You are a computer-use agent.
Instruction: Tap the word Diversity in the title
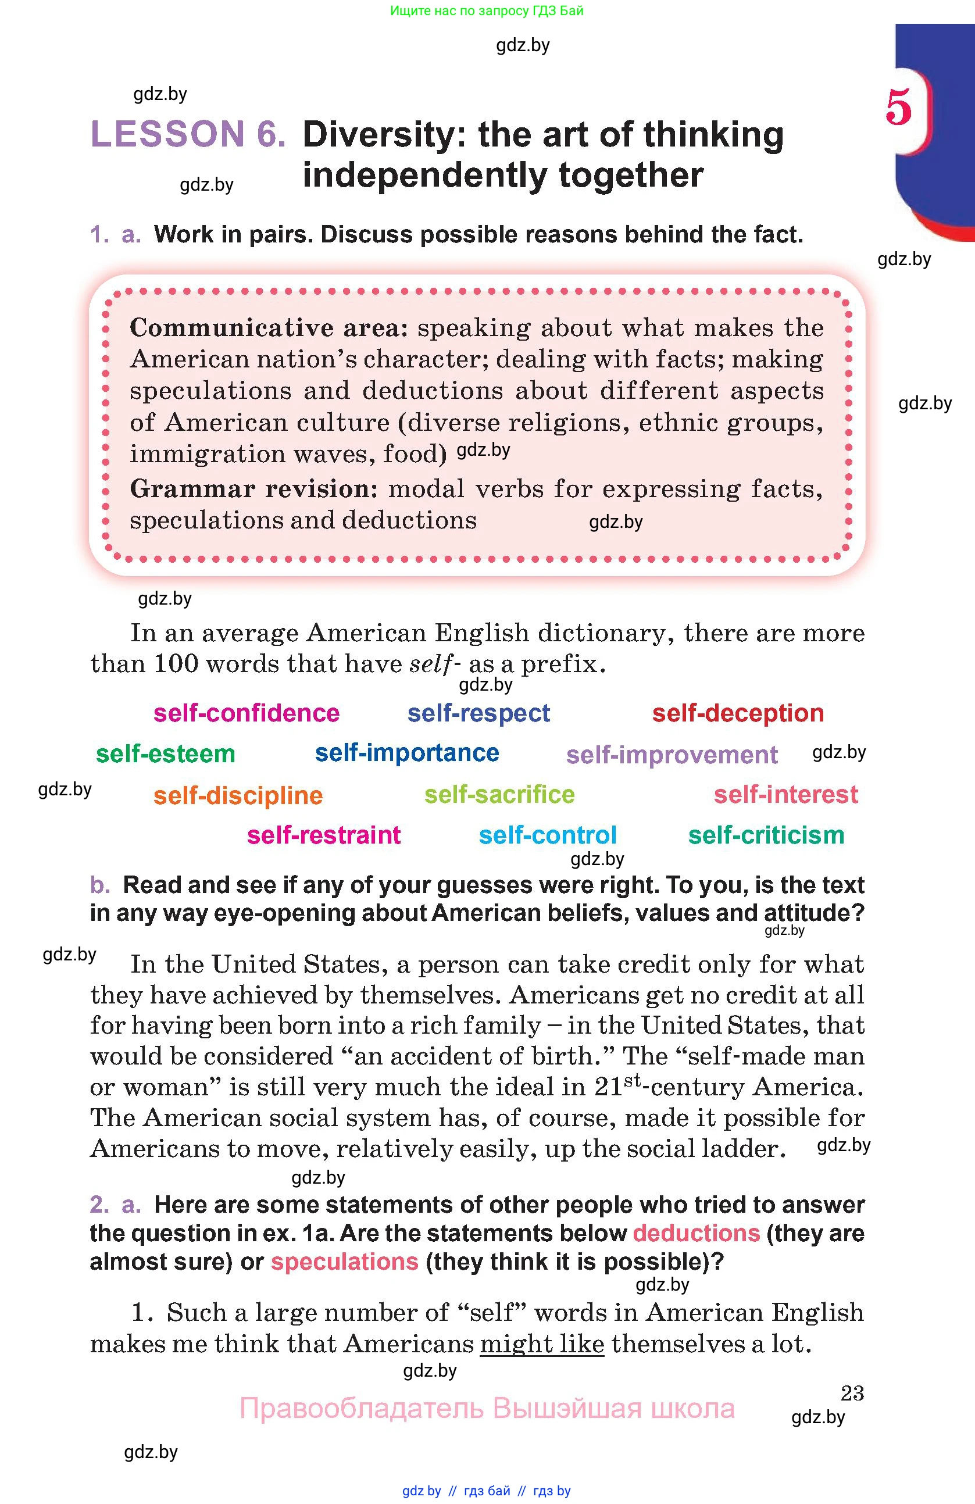[377, 135]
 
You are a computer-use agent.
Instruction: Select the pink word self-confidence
[247, 713]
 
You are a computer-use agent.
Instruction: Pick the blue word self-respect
[478, 713]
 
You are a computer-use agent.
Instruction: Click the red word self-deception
[737, 713]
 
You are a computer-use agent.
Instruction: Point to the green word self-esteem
[166, 754]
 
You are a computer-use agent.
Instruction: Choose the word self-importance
[407, 753]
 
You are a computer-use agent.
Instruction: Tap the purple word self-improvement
[672, 755]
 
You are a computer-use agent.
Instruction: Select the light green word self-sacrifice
[499, 794]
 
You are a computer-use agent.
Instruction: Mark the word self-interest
[785, 794]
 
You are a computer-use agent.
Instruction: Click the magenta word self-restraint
[323, 835]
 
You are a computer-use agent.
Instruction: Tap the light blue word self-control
[547, 835]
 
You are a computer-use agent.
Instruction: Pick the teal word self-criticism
[766, 835]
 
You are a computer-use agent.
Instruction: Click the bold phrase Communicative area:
[269, 327]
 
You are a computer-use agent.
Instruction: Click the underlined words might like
[541, 1344]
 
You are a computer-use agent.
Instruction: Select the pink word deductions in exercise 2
[696, 1233]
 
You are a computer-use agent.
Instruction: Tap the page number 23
[852, 1393]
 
